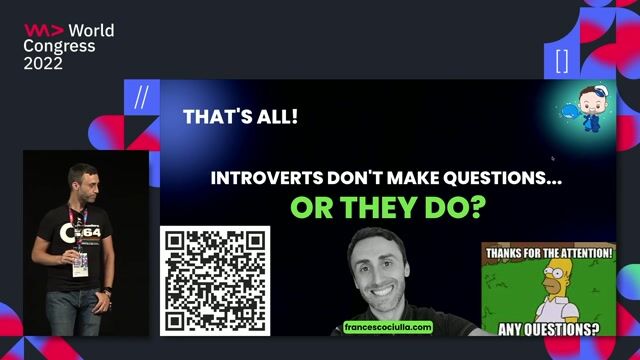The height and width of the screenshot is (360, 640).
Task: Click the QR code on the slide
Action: (x=215, y=281)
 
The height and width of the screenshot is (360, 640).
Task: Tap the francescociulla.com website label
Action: (x=387, y=327)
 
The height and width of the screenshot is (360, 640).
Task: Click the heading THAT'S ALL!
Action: (x=240, y=117)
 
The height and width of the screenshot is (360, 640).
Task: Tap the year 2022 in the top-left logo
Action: (x=43, y=63)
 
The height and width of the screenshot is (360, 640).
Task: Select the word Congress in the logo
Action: (x=60, y=47)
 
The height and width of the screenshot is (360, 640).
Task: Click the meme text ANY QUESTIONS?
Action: (x=551, y=327)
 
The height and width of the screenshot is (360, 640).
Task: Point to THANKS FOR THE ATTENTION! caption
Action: (x=550, y=255)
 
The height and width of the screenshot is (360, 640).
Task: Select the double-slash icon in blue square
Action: (x=141, y=96)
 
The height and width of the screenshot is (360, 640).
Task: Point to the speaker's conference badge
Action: (x=80, y=262)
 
